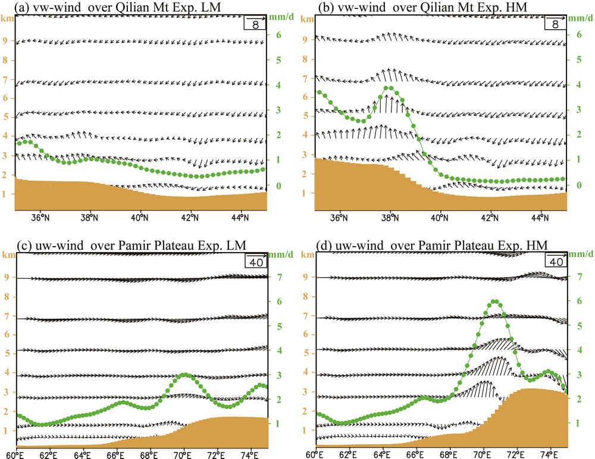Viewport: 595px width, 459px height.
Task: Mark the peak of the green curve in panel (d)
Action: click(x=495, y=301)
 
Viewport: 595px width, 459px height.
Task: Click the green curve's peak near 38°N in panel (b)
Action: click(x=389, y=88)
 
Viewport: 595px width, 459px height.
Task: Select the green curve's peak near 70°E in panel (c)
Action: click(x=184, y=375)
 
